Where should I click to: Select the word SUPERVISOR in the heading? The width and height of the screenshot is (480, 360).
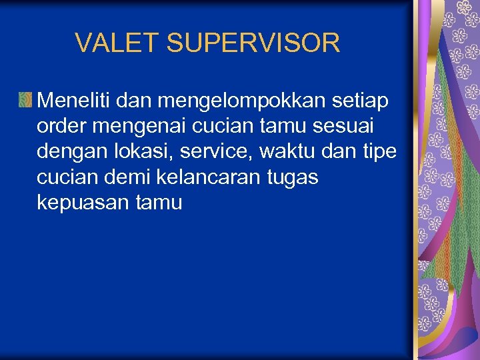(x=253, y=43)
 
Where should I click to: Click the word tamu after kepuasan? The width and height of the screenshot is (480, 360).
(x=158, y=203)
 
